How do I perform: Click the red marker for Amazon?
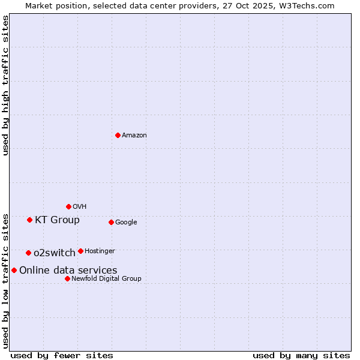tap(118, 135)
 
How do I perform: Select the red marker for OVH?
tap(68, 206)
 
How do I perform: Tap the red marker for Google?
tap(111, 222)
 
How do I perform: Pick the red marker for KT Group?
tap(29, 220)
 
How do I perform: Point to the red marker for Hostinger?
tap(80, 251)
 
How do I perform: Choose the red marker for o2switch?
tap(28, 253)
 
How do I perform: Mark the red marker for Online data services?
tap(14, 270)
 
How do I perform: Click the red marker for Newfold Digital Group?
tap(67, 278)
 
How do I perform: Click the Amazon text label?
tap(134, 136)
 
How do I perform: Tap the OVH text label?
tap(80, 207)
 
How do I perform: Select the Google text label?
tap(126, 223)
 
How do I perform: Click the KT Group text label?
tap(57, 220)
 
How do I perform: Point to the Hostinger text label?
tap(100, 251)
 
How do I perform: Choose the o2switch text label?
tap(55, 253)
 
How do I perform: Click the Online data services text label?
tap(68, 271)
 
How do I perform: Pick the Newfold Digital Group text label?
tap(106, 279)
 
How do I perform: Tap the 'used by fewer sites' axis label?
tap(62, 355)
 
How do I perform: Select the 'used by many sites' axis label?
tap(301, 355)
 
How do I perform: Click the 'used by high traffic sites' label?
tap(6, 85)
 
